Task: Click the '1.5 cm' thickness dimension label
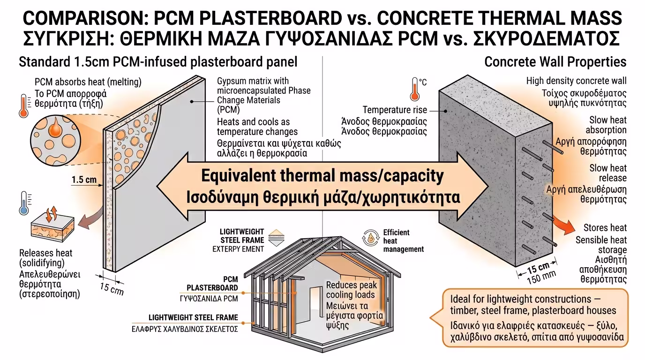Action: [84, 180]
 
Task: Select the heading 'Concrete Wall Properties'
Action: [555, 62]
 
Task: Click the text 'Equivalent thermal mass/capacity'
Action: [322, 176]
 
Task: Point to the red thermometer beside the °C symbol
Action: [414, 89]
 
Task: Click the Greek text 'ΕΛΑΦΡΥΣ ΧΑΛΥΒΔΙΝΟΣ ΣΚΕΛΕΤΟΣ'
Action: [185, 329]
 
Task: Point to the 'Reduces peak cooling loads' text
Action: [351, 290]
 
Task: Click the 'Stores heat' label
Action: [605, 228]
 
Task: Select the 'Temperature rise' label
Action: [395, 110]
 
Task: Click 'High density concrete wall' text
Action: [576, 82]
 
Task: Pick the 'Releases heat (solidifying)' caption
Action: [46, 257]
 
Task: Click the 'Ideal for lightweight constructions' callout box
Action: [534, 318]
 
